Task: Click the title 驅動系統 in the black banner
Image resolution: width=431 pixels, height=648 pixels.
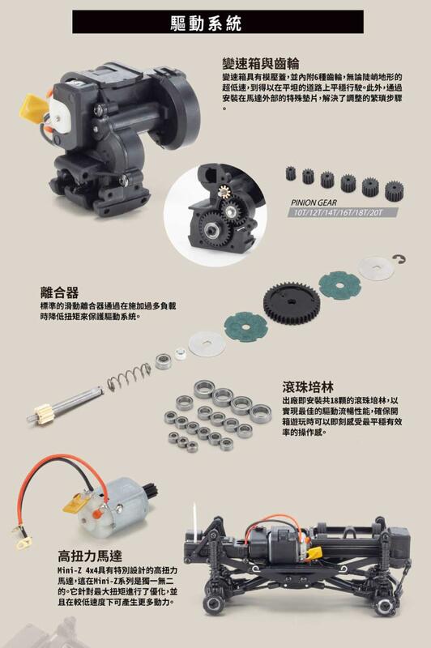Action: [x=206, y=23]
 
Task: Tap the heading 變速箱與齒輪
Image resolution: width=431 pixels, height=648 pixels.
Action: [x=260, y=63]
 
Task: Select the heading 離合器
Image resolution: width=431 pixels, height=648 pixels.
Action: [x=59, y=292]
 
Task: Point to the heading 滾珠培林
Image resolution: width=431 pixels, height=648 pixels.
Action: [x=308, y=386]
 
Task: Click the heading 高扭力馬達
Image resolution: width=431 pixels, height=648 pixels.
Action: [x=90, y=556]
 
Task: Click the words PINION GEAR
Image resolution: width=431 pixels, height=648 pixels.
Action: [x=314, y=202]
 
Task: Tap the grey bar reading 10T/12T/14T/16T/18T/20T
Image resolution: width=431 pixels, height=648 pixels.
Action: [x=343, y=212]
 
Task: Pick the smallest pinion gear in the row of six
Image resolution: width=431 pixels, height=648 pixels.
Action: [x=291, y=173]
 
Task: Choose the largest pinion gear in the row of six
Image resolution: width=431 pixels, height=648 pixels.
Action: [x=395, y=190]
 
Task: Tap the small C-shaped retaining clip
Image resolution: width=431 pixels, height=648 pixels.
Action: [x=400, y=259]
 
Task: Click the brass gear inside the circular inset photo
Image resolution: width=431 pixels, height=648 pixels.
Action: [x=223, y=192]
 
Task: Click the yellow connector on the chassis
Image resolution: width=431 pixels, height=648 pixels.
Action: [x=314, y=552]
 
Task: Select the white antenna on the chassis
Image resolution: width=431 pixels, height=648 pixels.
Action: [x=195, y=522]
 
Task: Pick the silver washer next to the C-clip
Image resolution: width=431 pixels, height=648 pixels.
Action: [x=375, y=269]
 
